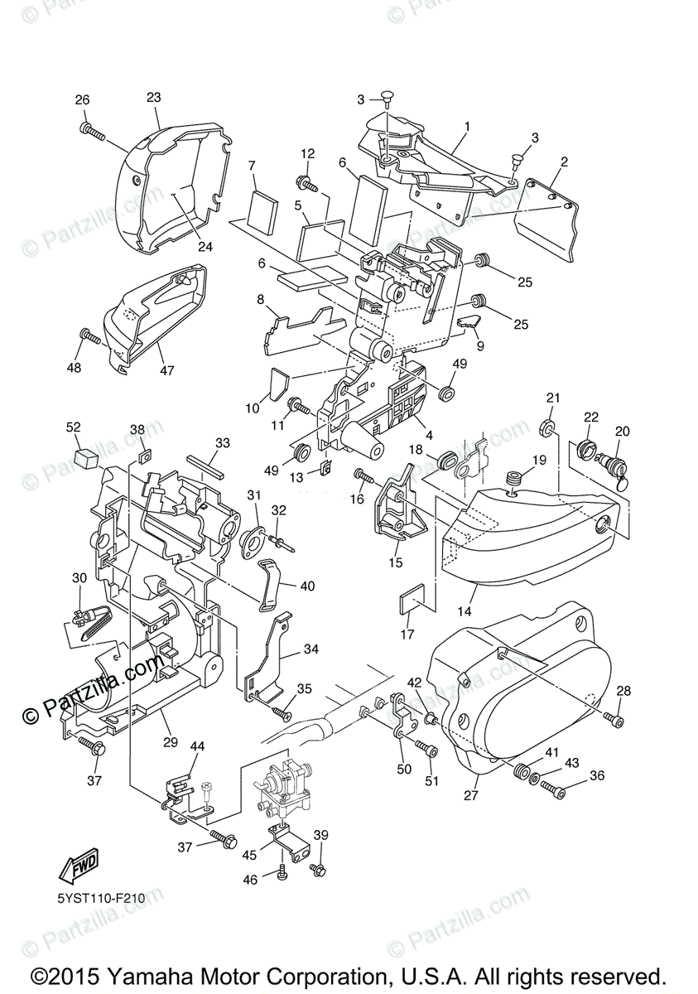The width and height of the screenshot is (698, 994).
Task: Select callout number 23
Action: (154, 98)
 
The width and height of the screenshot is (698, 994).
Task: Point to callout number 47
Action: (167, 370)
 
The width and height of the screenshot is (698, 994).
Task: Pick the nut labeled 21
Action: (548, 428)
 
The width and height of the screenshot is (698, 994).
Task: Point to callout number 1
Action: (467, 127)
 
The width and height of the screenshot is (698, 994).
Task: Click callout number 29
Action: (171, 742)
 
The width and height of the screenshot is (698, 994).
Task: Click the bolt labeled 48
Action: (90, 338)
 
